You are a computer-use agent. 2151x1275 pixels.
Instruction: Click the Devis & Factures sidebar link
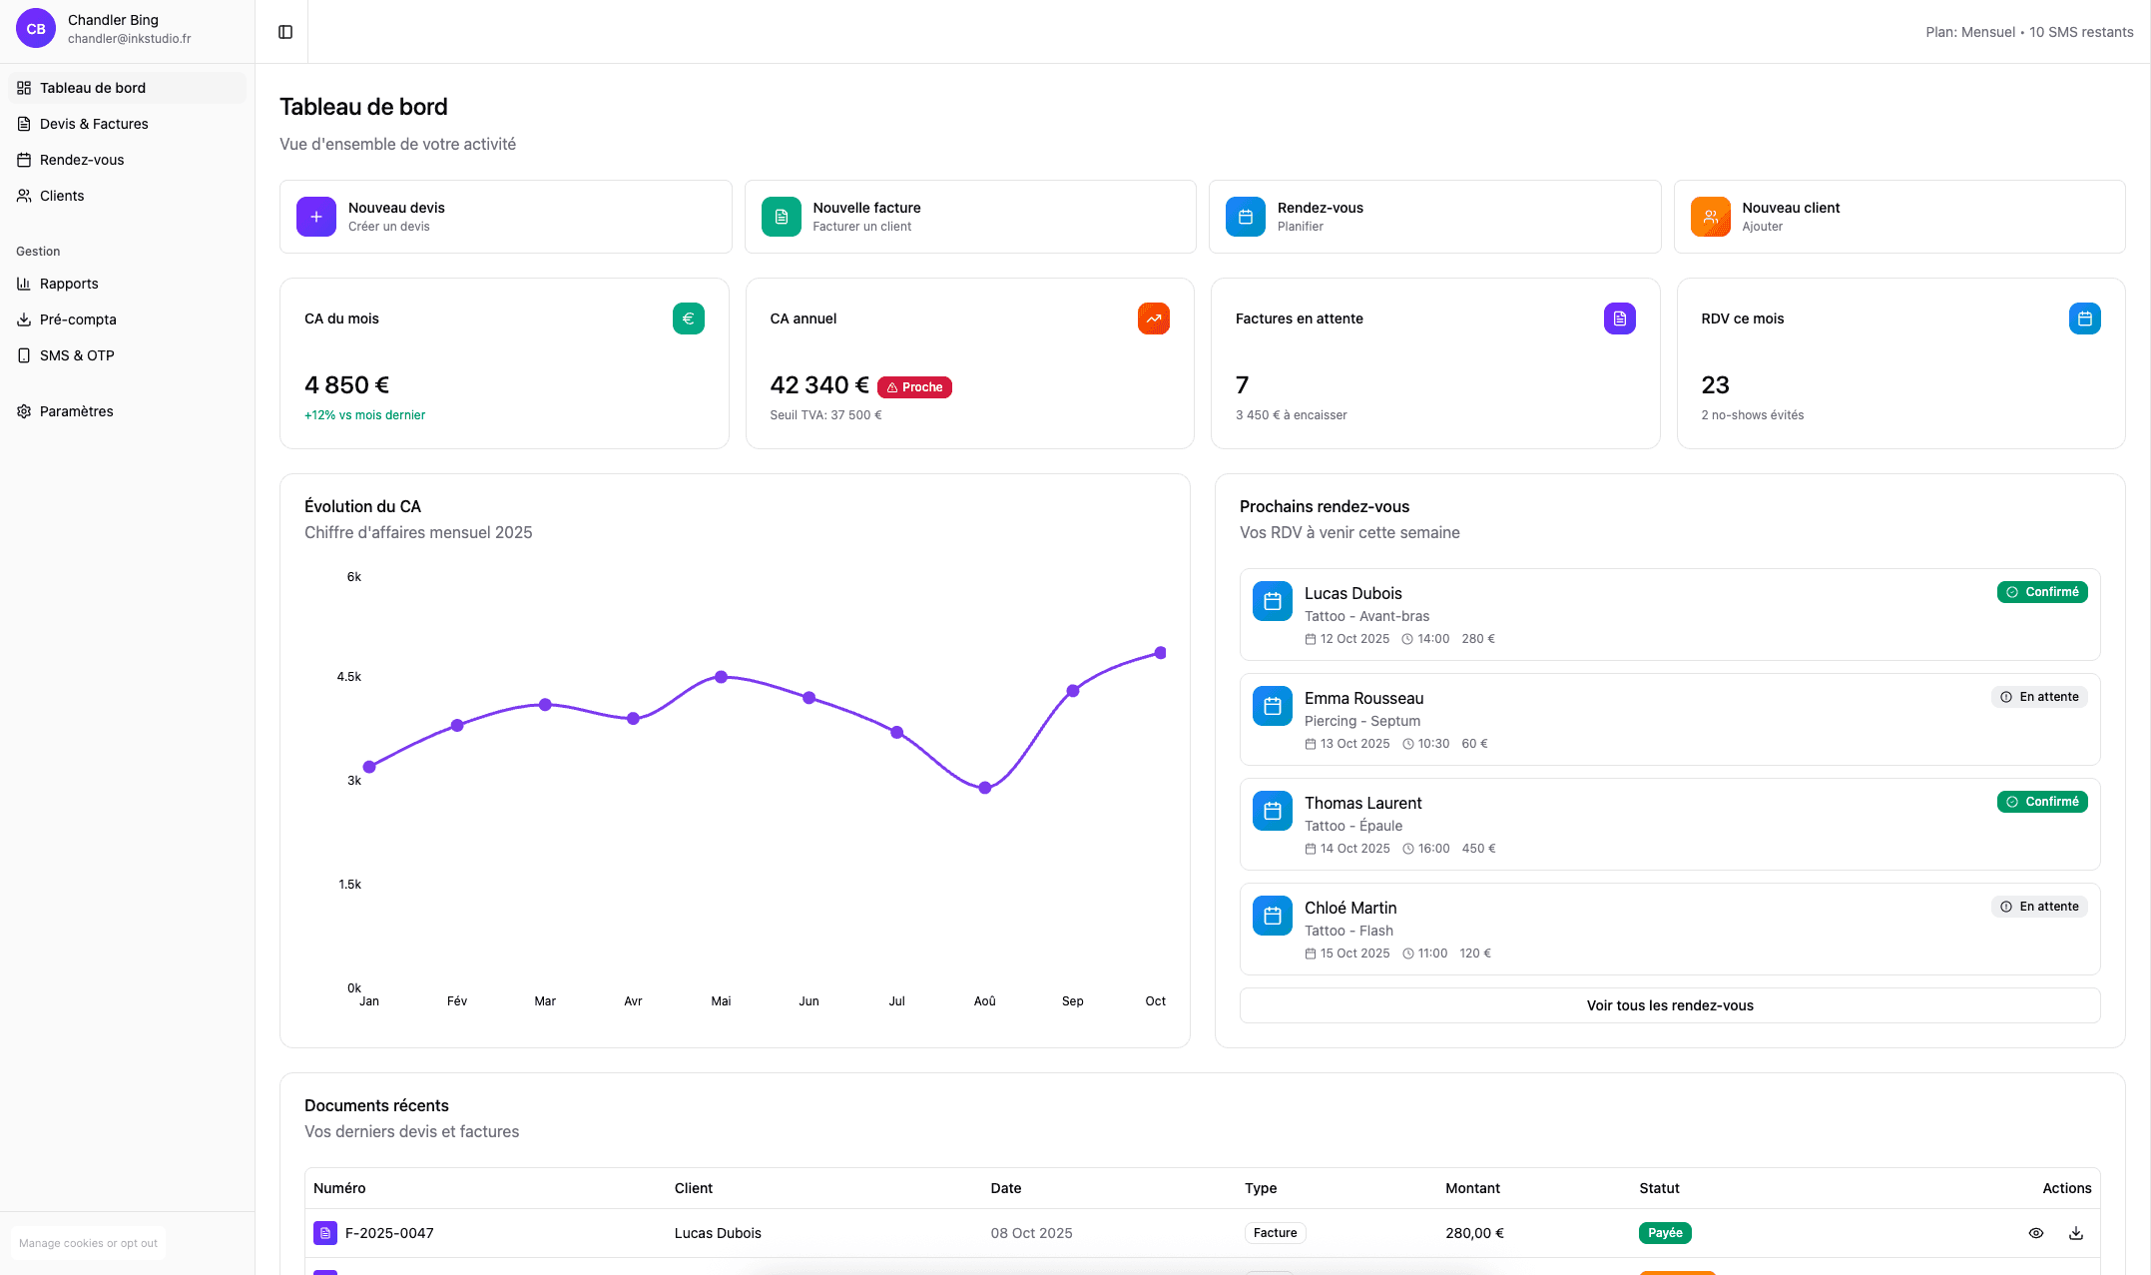point(94,124)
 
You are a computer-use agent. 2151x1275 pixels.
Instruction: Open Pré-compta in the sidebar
point(78,319)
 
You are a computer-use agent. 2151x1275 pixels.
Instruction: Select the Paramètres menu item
point(76,411)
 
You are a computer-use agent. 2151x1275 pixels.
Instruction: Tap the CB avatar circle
point(36,29)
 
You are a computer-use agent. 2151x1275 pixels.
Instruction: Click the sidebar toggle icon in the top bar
point(285,32)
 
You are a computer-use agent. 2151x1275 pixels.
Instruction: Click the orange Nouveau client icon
point(1710,217)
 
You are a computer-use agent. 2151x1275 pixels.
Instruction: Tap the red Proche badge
point(914,387)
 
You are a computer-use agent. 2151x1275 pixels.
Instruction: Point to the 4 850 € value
point(347,385)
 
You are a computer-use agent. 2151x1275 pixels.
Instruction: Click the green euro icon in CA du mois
point(689,319)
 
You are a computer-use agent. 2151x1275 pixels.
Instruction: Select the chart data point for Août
point(985,788)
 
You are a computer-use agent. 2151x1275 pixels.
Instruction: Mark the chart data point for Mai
point(722,677)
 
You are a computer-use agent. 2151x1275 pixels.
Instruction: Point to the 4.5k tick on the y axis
point(349,677)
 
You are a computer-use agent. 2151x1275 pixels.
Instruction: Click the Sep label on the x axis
point(1073,1001)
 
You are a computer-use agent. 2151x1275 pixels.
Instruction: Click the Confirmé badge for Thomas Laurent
point(2042,802)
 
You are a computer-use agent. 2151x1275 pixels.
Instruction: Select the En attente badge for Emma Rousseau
point(2039,697)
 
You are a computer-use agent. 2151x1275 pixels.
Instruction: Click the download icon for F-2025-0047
point(2076,1233)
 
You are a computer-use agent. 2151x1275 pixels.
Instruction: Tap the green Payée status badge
point(1665,1233)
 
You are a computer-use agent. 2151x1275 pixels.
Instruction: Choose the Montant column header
point(1472,1188)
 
